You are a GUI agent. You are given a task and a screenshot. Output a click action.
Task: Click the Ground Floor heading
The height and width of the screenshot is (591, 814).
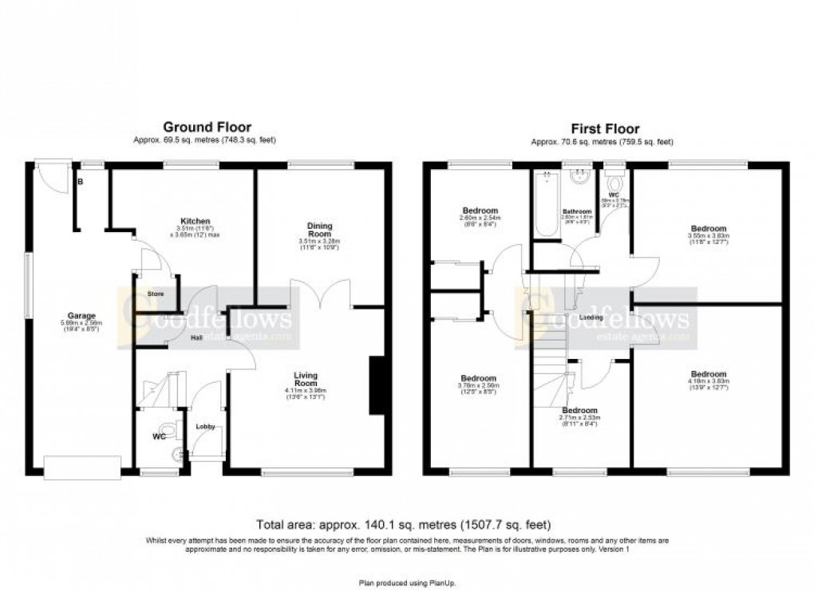pos(207,127)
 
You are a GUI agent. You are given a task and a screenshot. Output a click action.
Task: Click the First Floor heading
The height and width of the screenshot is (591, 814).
pos(604,128)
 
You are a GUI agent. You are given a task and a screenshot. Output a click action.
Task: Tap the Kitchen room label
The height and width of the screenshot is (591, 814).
pos(196,221)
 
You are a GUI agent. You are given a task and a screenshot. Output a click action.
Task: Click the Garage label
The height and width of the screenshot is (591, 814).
pos(81,315)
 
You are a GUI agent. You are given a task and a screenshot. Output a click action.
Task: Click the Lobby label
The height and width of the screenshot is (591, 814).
pos(206,427)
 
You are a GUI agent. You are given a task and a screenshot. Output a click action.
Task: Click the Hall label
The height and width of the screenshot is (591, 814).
pos(196,337)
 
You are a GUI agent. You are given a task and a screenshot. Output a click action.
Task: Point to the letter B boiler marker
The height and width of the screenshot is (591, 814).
pos(80,182)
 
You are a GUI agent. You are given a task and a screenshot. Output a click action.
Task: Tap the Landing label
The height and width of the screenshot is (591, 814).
pos(591,317)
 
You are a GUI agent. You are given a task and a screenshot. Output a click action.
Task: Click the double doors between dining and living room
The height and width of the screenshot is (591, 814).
pos(322,294)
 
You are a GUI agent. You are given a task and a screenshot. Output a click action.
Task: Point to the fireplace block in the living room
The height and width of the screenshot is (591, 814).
pos(377,386)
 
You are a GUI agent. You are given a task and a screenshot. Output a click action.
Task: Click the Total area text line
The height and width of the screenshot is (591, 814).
pos(403,525)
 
